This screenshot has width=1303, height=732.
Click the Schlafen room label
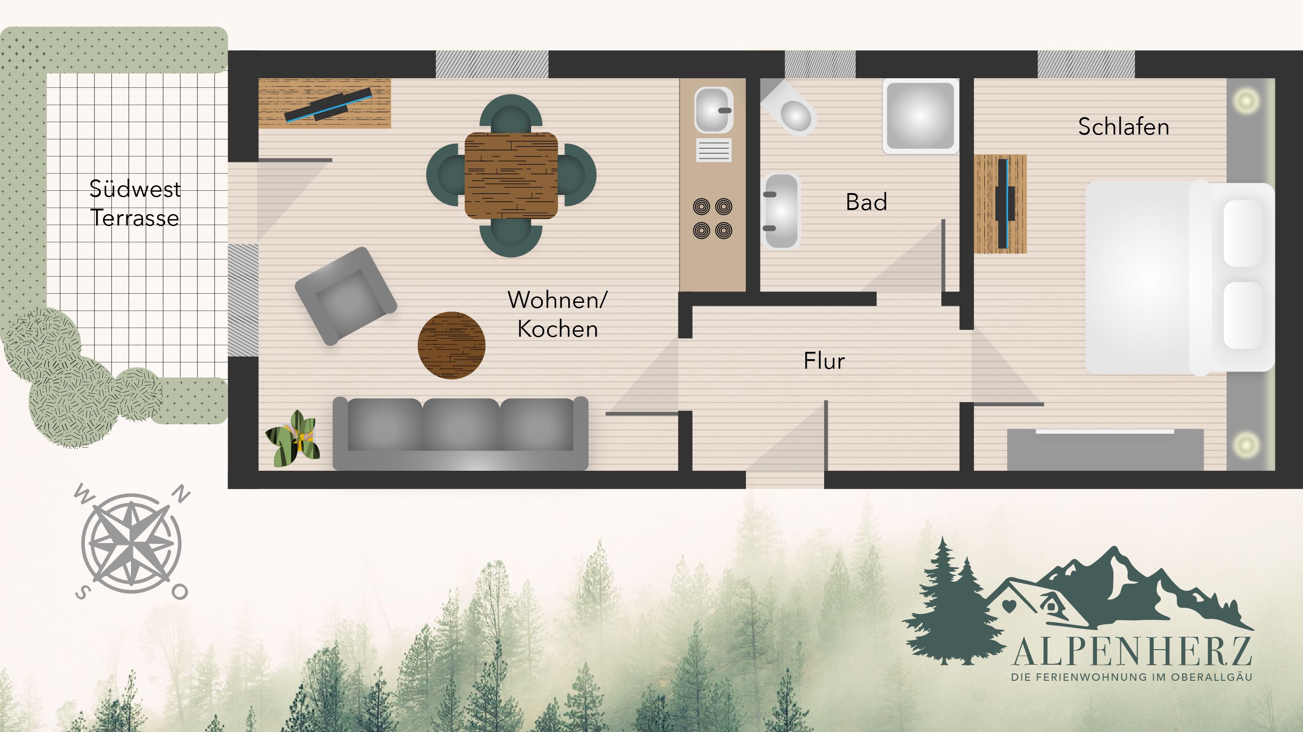click(x=1124, y=126)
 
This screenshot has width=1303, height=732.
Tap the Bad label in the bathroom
click(x=867, y=202)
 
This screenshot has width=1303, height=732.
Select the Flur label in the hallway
click(x=824, y=361)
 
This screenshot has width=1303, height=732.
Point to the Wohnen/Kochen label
click(x=558, y=314)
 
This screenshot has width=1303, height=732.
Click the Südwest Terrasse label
click(x=135, y=203)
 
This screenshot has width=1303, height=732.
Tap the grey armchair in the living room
click(x=346, y=296)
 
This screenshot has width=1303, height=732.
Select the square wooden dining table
click(x=511, y=175)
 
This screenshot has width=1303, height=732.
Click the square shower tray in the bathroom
click(x=921, y=116)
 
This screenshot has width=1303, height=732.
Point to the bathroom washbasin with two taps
click(x=782, y=212)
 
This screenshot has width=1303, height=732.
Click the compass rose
click(x=131, y=544)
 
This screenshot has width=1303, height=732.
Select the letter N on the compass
click(x=181, y=493)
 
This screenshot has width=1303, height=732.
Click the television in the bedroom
click(x=1004, y=204)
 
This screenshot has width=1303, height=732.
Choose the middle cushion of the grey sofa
click(x=461, y=425)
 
